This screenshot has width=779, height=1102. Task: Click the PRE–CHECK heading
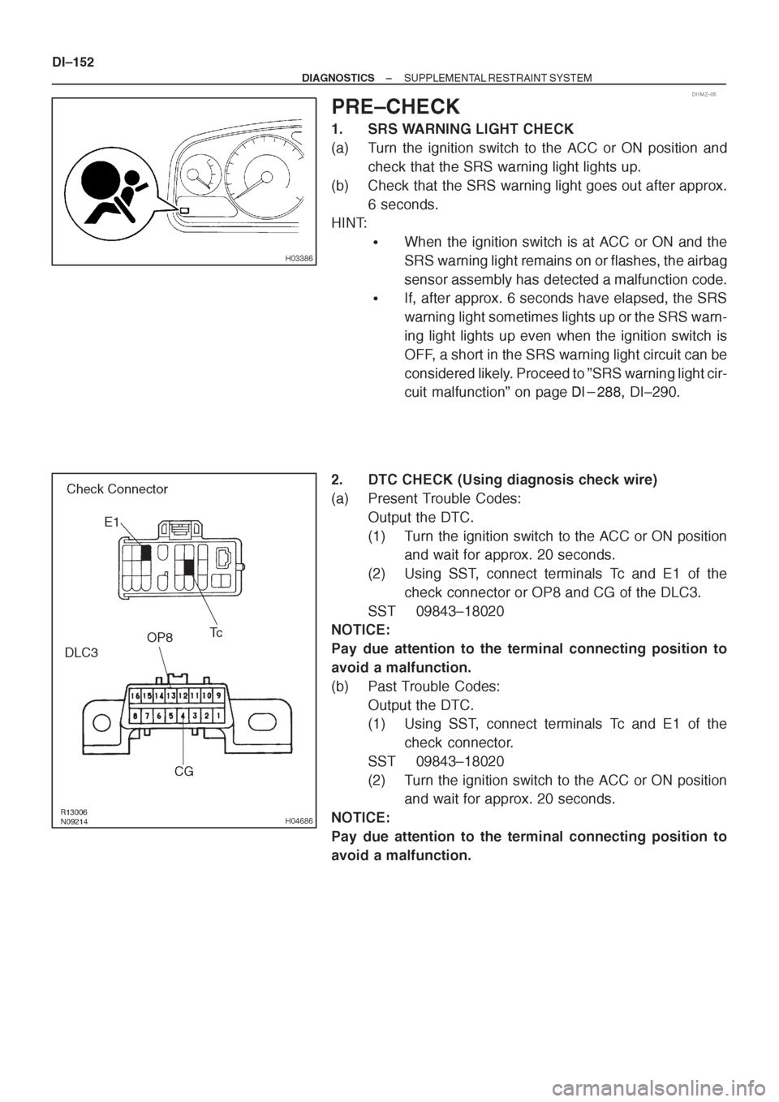(396, 106)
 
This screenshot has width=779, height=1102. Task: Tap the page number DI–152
(73, 62)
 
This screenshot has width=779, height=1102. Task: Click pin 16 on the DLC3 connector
(134, 696)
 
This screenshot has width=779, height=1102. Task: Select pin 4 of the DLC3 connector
(183, 715)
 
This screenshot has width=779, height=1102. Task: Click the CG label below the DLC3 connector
(184, 772)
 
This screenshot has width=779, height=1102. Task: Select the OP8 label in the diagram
(160, 638)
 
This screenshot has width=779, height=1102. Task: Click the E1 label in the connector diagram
(112, 523)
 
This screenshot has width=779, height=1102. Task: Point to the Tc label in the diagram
(216, 632)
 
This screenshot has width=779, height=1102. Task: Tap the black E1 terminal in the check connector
(145, 553)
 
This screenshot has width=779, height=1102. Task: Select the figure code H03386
(299, 259)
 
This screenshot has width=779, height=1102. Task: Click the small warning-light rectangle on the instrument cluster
(184, 210)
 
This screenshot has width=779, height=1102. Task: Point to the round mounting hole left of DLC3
(101, 723)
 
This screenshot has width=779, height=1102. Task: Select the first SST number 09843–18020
(460, 612)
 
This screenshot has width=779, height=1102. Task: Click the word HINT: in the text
(349, 223)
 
